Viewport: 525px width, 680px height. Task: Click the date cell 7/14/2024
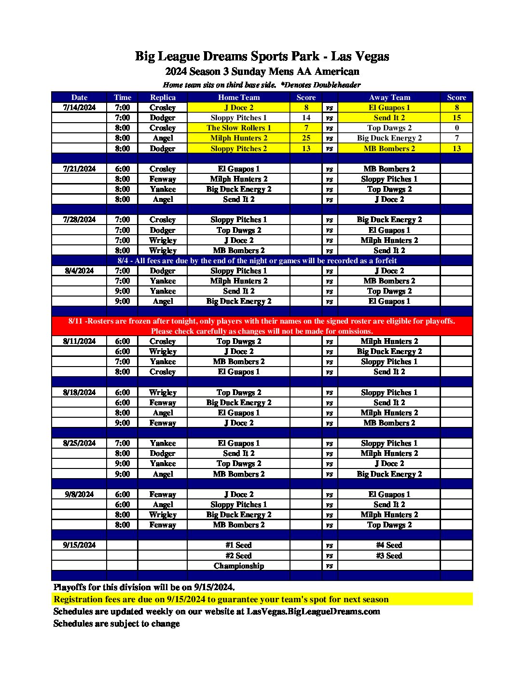[79, 108]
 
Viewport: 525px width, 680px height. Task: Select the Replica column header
[163, 98]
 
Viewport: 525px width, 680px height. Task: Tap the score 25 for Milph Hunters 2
[306, 138]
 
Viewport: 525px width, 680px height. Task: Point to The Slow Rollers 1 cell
[238, 128]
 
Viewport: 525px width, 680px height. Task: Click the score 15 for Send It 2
[456, 118]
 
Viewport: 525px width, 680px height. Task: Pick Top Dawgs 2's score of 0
[456, 128]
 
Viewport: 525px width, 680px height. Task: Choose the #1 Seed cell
[238, 545]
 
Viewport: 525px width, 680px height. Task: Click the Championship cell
[238, 566]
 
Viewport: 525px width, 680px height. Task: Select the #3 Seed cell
[389, 556]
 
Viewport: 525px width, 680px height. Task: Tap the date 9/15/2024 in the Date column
[79, 545]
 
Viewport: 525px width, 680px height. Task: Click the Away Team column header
[389, 98]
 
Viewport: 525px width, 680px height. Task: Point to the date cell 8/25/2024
[79, 443]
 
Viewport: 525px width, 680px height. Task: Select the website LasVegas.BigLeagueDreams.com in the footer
[313, 611]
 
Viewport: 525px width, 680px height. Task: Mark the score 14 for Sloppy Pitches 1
[306, 118]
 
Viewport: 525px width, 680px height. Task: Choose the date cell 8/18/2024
[79, 393]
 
